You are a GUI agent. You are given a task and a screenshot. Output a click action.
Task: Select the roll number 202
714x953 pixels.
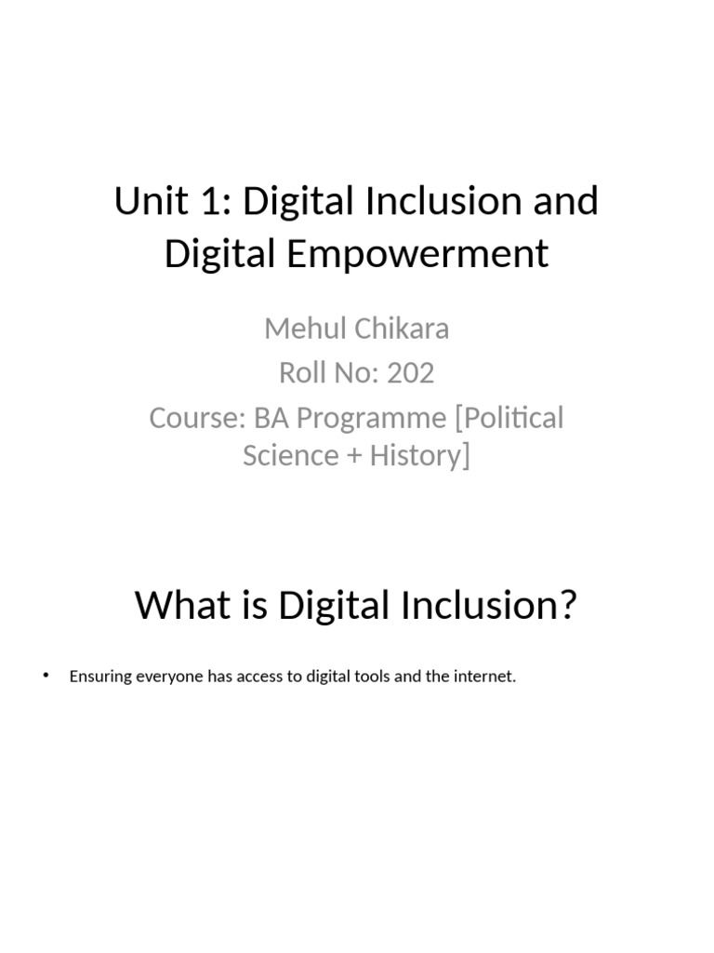click(x=411, y=372)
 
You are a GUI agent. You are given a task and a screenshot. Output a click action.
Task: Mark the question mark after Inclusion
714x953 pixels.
click(x=567, y=606)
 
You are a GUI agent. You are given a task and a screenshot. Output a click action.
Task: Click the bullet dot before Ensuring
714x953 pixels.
click(x=46, y=676)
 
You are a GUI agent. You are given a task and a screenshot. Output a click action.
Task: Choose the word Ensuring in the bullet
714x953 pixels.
click(x=101, y=677)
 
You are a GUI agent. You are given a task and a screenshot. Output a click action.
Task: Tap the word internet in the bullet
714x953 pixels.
click(x=484, y=676)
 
